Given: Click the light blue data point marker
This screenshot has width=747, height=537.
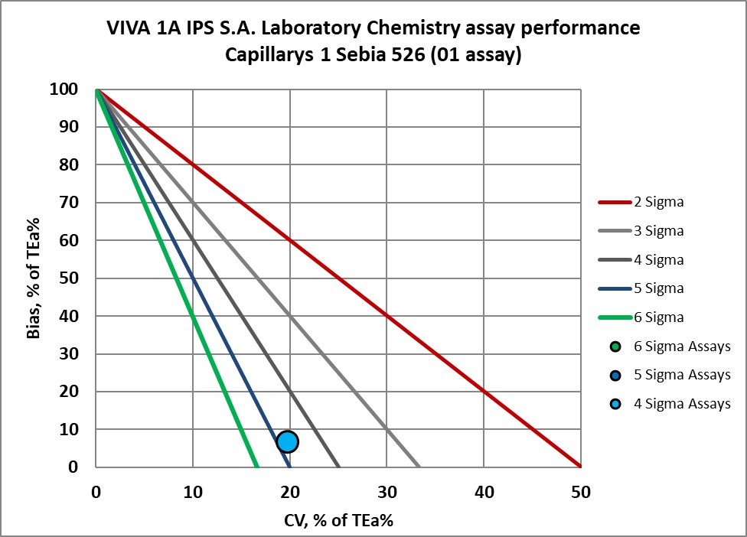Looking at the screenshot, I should (x=287, y=441).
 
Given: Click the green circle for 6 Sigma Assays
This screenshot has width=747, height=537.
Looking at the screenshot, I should (x=615, y=346).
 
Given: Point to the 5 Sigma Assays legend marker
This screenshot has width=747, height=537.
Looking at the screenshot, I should (x=615, y=375).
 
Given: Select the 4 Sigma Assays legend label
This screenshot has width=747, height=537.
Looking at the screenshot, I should (x=682, y=403).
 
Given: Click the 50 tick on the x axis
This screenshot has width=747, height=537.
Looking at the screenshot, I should (x=580, y=492).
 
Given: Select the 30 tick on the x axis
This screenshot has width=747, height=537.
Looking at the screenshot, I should (x=387, y=492).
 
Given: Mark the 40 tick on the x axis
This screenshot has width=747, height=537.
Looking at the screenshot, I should (x=483, y=492).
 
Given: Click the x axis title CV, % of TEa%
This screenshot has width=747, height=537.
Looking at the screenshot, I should (x=338, y=519).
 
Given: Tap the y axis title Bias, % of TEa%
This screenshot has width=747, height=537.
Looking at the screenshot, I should (x=34, y=278).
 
